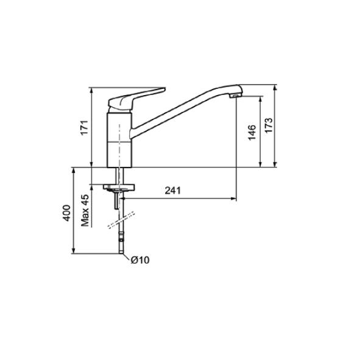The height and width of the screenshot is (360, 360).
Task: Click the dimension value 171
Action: [x=85, y=128]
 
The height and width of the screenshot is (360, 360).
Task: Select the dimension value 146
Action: [x=252, y=132]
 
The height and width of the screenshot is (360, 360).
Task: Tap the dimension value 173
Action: [x=269, y=125]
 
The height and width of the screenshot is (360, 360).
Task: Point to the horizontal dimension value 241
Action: [x=172, y=190]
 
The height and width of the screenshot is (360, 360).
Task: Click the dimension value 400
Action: [x=67, y=213]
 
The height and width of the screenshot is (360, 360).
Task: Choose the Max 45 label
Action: [x=85, y=210]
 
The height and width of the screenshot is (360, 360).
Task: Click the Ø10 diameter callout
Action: [x=140, y=260]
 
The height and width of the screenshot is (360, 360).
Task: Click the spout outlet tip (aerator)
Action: [x=235, y=96]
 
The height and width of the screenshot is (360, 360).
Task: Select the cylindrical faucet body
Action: [x=119, y=140]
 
